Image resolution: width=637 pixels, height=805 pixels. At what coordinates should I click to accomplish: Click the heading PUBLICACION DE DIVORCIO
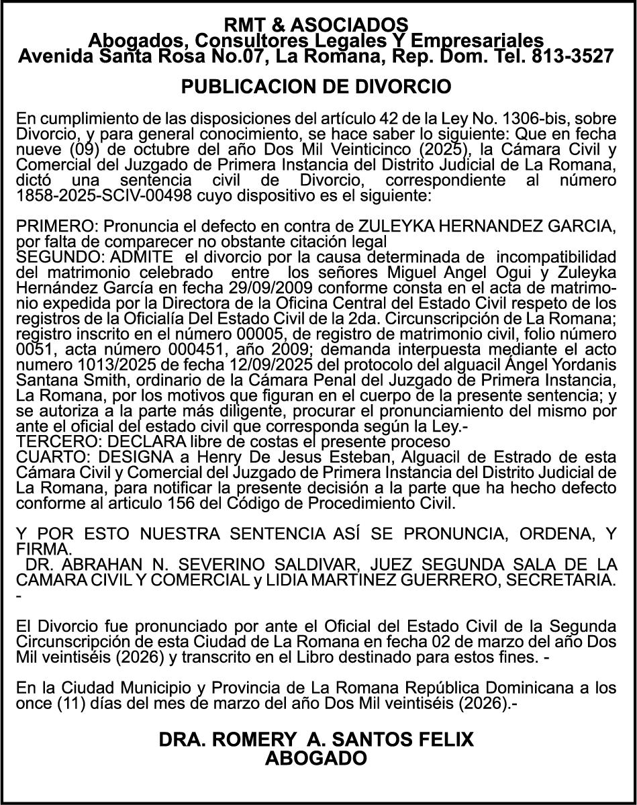315,87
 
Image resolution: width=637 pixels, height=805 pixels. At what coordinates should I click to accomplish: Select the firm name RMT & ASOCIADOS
315,26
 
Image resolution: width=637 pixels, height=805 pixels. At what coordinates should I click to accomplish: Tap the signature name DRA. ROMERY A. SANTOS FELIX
315,740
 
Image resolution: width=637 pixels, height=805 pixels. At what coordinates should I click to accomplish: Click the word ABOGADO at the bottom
316,759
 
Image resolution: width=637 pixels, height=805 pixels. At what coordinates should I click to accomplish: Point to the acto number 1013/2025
111,365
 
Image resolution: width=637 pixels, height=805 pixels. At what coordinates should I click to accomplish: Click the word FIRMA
42,549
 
